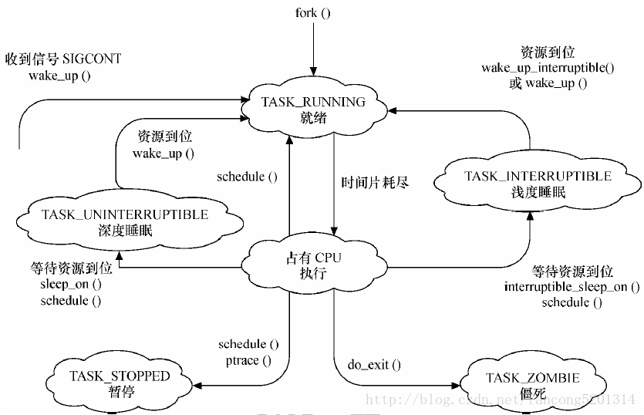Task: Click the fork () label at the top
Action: tap(312, 13)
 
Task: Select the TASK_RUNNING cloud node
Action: tap(313, 109)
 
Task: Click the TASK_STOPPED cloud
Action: tap(120, 383)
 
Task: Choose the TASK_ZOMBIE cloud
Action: tap(533, 385)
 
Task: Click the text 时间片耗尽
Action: tap(375, 183)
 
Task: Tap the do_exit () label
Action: tap(374, 364)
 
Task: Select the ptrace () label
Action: tap(248, 361)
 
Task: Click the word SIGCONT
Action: tap(92, 59)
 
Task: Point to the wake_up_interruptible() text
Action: tap(548, 68)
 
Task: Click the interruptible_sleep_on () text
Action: tap(572, 287)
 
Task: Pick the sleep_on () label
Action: tap(71, 285)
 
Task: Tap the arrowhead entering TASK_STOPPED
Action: tap(197, 386)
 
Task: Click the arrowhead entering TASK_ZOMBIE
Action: tap(456, 386)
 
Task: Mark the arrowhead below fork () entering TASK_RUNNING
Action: tap(313, 72)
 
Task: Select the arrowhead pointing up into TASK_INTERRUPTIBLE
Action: tap(530, 216)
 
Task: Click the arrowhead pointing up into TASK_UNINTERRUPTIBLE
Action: tap(119, 255)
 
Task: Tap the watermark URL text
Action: tap(501, 399)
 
